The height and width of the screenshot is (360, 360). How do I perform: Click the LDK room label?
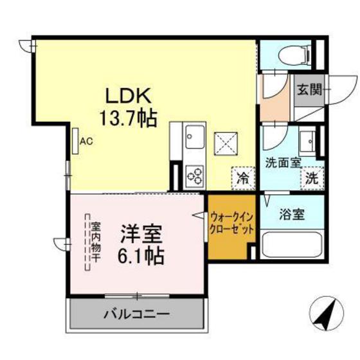click(x=129, y=97)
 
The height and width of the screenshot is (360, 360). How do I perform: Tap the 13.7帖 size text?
click(x=129, y=118)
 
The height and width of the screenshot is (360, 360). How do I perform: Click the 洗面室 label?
click(x=283, y=163)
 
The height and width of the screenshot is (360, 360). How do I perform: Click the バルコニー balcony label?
click(x=137, y=316)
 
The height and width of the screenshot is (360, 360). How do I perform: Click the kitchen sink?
click(x=194, y=138)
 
